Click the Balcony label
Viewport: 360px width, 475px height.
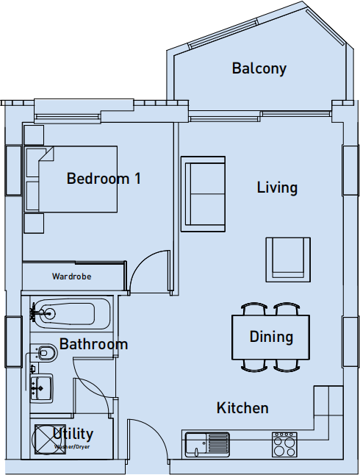[x=259, y=69]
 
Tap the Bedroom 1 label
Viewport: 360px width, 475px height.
[x=104, y=179]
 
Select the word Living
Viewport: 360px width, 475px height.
[x=277, y=187]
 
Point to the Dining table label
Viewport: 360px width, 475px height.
[x=271, y=337]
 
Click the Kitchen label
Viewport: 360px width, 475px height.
[x=242, y=407]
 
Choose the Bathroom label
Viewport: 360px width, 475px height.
[x=93, y=344]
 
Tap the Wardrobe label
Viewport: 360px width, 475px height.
[x=71, y=277]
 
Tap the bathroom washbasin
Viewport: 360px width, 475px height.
[x=41, y=386]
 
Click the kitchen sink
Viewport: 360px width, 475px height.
[x=207, y=444]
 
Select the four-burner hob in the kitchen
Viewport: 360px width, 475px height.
[x=285, y=444]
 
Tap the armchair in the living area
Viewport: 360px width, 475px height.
[x=288, y=257]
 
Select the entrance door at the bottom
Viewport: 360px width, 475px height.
[x=147, y=441]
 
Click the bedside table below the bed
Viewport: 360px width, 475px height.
[x=34, y=223]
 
